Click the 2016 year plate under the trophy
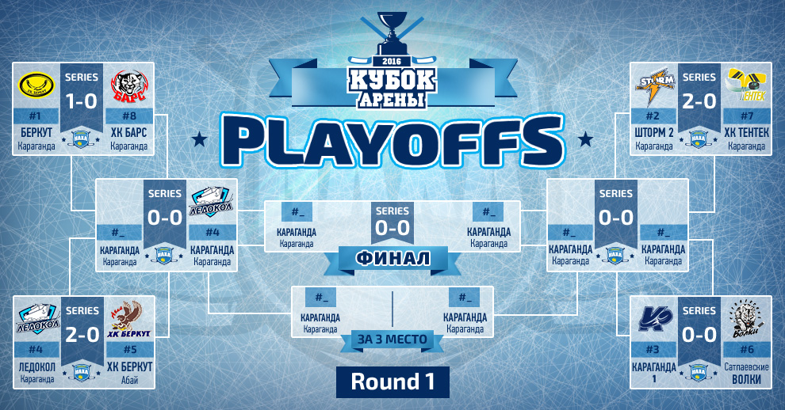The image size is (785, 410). (392, 61)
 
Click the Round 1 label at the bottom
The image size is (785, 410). (392, 382)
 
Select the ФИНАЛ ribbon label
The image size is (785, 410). (393, 259)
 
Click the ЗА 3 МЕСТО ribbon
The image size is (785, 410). (392, 339)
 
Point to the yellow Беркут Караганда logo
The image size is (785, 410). (36, 85)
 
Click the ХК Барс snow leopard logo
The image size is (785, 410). (128, 85)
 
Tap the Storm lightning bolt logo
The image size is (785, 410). (654, 88)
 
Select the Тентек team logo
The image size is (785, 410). (747, 85)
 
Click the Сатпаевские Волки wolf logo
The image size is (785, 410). (747, 318)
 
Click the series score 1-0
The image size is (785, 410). (82, 101)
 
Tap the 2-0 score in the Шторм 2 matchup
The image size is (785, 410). (699, 101)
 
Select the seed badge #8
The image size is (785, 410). (128, 116)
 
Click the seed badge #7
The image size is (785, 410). (747, 116)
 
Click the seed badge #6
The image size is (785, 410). (747, 350)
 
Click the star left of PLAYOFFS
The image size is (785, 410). (199, 139)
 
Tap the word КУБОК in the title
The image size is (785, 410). (392, 79)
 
